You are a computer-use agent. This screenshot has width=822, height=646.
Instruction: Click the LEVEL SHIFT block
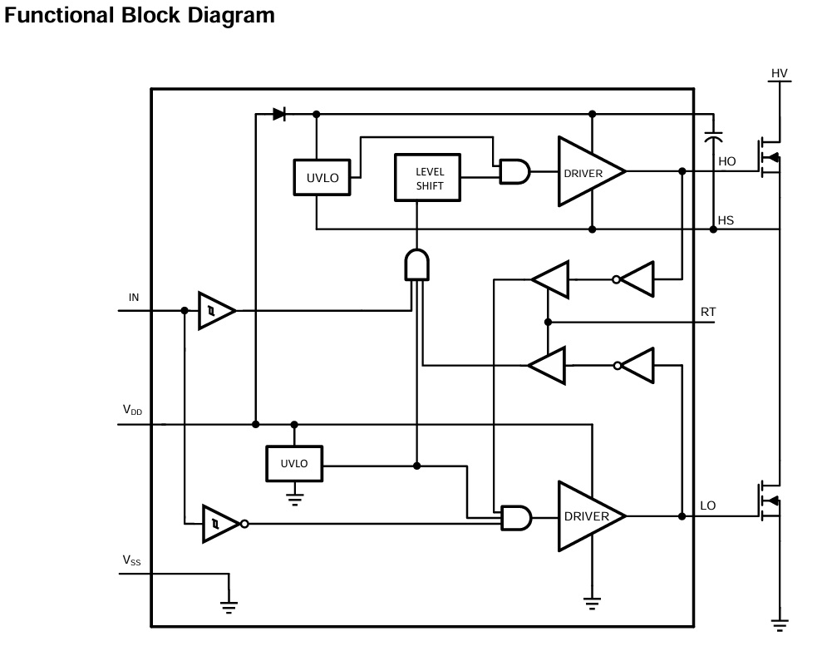click(x=427, y=178)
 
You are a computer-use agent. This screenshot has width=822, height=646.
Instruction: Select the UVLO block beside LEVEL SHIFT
click(x=322, y=178)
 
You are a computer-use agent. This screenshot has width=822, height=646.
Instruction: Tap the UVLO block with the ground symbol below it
click(x=294, y=464)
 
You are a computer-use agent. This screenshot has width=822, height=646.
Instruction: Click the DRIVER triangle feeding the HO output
click(x=591, y=171)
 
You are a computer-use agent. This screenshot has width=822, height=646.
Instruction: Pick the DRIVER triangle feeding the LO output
click(x=591, y=516)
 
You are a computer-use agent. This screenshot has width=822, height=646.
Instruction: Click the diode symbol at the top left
click(x=279, y=114)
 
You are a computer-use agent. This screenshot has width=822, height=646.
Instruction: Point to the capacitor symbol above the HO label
click(x=713, y=137)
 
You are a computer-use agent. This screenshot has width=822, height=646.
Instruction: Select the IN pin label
click(x=134, y=298)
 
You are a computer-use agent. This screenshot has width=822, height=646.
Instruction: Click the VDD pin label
click(x=132, y=410)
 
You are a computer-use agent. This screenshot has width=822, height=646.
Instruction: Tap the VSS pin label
click(x=131, y=560)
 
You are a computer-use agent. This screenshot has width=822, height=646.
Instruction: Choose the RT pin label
click(x=707, y=312)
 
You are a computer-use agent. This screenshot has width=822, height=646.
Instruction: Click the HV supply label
click(x=779, y=73)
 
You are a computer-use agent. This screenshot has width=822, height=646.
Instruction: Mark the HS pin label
click(x=726, y=220)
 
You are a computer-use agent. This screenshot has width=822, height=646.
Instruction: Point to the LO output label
click(x=707, y=505)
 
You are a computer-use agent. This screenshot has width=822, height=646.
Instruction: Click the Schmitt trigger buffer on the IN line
click(x=216, y=311)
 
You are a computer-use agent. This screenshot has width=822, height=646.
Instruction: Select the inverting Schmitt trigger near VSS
click(x=224, y=524)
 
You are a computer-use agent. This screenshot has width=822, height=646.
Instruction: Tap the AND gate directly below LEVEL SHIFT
click(x=416, y=264)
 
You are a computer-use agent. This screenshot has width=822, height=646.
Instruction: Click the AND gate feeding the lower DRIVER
click(x=516, y=517)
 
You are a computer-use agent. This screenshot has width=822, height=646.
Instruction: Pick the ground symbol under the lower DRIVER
click(x=592, y=604)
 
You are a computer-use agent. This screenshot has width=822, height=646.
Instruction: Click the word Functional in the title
click(x=59, y=15)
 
